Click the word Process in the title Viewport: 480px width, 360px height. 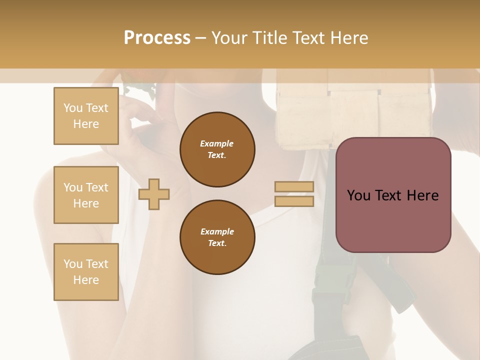157,38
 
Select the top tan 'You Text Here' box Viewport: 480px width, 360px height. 86,116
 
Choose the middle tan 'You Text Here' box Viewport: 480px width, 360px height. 86,195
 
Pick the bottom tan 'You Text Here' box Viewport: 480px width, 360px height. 86,272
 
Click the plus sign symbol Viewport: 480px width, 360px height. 154,193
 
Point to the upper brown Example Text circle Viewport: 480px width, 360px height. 217,149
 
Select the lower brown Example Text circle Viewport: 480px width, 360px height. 217,237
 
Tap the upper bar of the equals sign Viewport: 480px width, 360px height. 294,186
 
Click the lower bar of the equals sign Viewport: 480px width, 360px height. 294,201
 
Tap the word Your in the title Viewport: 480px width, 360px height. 230,38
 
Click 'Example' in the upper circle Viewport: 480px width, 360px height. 217,143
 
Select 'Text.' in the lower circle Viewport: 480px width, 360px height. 217,243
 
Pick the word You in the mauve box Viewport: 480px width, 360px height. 358,195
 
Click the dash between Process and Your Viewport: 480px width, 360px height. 200,38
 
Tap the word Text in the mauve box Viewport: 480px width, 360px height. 388,195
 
